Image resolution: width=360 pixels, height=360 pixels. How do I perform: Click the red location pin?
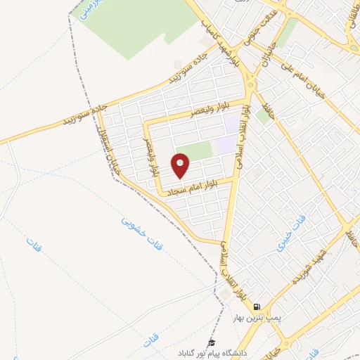181,166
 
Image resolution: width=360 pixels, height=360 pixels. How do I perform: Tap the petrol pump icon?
258,307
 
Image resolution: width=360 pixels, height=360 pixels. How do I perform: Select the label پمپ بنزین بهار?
258,318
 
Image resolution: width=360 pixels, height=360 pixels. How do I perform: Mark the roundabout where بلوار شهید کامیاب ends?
250,85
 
